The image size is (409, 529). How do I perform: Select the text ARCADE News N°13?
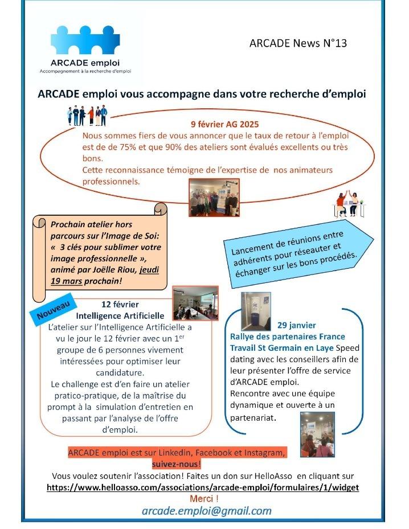coord(298,43)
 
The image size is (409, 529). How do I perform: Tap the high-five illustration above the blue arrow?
coord(349,203)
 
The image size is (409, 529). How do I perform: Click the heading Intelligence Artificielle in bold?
coord(120,315)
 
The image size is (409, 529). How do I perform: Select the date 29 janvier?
coord(296,325)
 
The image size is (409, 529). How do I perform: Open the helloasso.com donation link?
coord(202,488)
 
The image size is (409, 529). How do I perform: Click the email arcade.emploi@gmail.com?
coord(206,511)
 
